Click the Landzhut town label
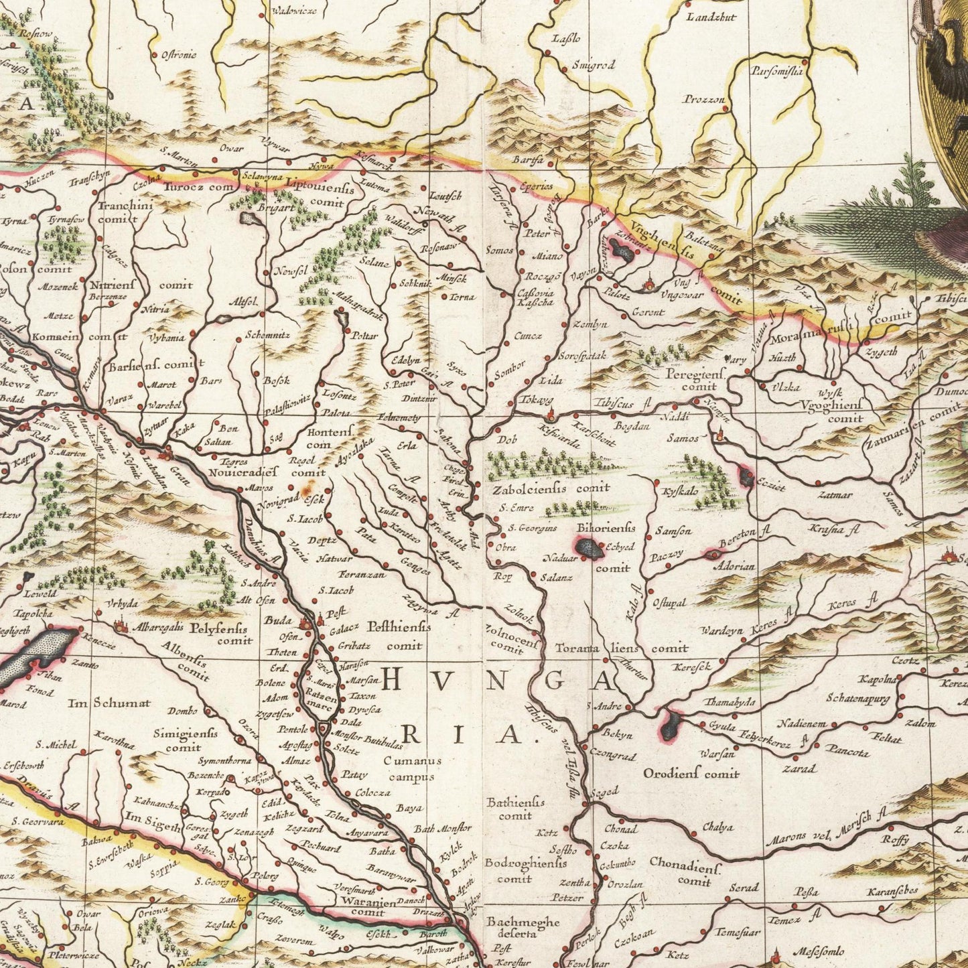click(x=710, y=16)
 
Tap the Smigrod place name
click(x=593, y=66)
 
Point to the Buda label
click(x=277, y=620)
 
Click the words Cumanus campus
click(x=413, y=768)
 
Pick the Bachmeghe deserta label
click(x=523, y=927)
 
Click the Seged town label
click(x=604, y=792)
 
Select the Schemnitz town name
click(x=267, y=334)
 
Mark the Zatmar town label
click(x=835, y=496)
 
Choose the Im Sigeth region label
click(x=153, y=827)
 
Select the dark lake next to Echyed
click(x=590, y=549)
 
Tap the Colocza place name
click(x=372, y=792)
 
